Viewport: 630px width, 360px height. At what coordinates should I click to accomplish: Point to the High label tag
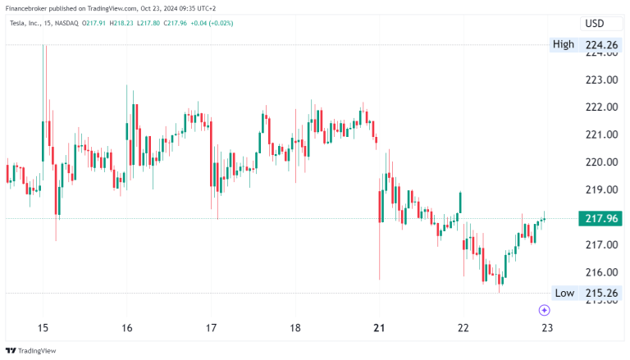(563, 44)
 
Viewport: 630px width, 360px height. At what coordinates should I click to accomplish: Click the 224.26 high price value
(601, 44)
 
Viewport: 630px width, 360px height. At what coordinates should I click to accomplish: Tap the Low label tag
(564, 293)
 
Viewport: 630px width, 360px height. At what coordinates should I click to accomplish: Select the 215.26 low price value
(601, 293)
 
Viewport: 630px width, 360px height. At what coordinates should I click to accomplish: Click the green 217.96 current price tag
(601, 218)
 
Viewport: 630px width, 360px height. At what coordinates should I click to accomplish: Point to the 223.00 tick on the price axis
(601, 80)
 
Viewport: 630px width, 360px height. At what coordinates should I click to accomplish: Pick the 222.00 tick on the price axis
(601, 107)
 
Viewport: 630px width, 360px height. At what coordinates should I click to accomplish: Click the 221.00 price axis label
(601, 134)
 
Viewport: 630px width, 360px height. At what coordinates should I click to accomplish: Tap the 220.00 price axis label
(601, 162)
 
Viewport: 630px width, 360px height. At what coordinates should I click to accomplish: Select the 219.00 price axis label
(601, 189)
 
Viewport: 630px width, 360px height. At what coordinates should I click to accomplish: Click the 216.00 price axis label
(601, 272)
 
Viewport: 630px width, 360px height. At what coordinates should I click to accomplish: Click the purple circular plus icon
(544, 309)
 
